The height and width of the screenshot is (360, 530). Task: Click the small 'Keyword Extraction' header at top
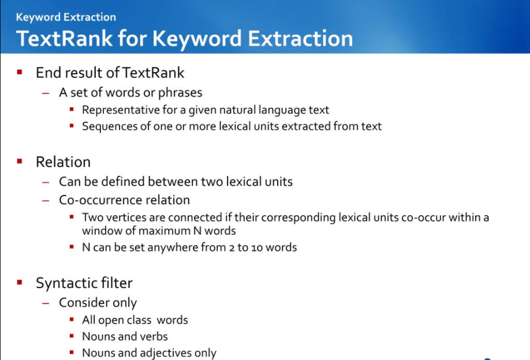(x=66, y=17)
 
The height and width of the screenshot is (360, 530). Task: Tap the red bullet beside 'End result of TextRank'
(x=20, y=72)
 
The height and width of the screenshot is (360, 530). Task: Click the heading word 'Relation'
(x=63, y=162)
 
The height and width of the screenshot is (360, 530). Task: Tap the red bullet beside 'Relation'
(x=20, y=162)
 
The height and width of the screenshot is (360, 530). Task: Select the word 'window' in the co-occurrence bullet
(x=101, y=231)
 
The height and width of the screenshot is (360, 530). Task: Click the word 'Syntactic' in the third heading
(x=64, y=283)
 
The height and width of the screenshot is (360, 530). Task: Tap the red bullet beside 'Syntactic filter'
(x=20, y=283)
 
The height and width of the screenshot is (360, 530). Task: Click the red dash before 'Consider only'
(x=46, y=303)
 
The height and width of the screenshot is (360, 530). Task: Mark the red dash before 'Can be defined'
(x=46, y=182)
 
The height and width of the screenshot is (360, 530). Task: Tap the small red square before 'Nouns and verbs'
(x=72, y=336)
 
